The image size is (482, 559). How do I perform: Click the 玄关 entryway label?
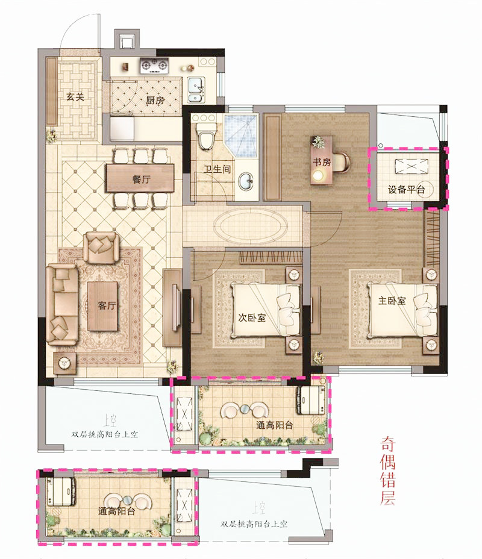click(75, 96)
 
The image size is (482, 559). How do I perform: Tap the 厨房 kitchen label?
click(155, 101)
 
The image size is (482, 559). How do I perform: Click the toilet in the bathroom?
click(207, 137)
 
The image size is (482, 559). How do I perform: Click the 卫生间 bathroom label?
click(217, 169)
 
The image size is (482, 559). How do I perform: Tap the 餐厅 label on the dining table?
click(141, 179)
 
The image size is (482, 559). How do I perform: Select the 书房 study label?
click(322, 162)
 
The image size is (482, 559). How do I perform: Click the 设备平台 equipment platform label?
click(406, 189)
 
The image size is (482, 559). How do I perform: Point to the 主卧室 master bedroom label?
click(392, 301)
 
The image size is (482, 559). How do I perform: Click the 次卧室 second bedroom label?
click(252, 317)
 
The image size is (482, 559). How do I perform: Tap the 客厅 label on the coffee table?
click(107, 305)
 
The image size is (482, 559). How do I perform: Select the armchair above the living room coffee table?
click(101, 248)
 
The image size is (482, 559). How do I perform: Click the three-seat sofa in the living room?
click(62, 305)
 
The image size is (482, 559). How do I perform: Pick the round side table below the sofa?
click(64, 363)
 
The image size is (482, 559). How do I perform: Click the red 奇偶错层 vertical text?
click(387, 470)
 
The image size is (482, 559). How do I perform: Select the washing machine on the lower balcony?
click(62, 492)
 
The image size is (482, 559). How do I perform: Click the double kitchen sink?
click(196, 90)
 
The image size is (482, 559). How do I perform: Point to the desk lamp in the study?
click(318, 175)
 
